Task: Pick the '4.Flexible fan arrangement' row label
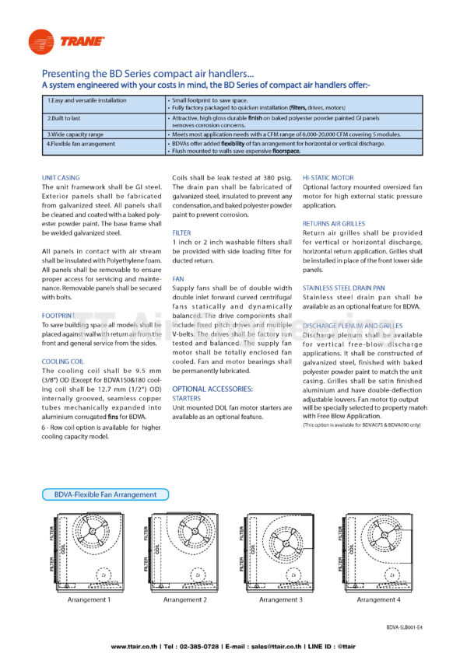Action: click(79, 143)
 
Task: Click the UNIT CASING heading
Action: click(60, 178)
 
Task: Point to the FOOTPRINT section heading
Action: click(58, 316)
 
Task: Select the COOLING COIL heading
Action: click(62, 361)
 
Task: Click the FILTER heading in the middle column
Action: click(181, 232)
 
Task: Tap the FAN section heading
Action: click(177, 278)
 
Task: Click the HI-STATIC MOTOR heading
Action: click(328, 178)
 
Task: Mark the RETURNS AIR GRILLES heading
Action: click(333, 224)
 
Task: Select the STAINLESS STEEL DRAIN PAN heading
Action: click(345, 288)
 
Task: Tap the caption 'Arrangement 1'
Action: click(89, 600)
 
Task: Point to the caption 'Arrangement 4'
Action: click(378, 600)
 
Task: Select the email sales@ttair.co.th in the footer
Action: click(283, 647)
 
